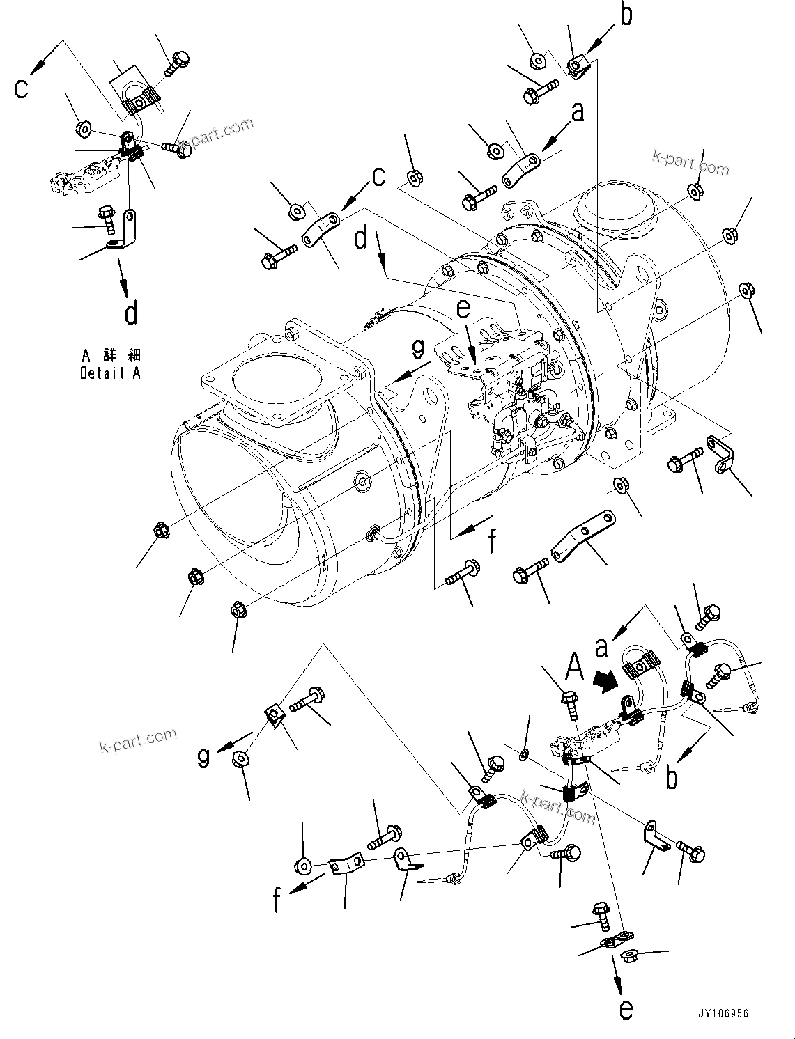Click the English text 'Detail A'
pyautogui.click(x=110, y=373)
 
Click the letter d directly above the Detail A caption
pyautogui.click(x=130, y=313)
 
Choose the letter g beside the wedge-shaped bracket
pyautogui.click(x=203, y=757)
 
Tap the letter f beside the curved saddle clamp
pyautogui.click(x=277, y=900)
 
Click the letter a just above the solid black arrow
pyautogui.click(x=601, y=646)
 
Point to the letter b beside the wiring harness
pyautogui.click(x=671, y=777)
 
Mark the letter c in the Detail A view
pyautogui.click(x=22, y=88)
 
